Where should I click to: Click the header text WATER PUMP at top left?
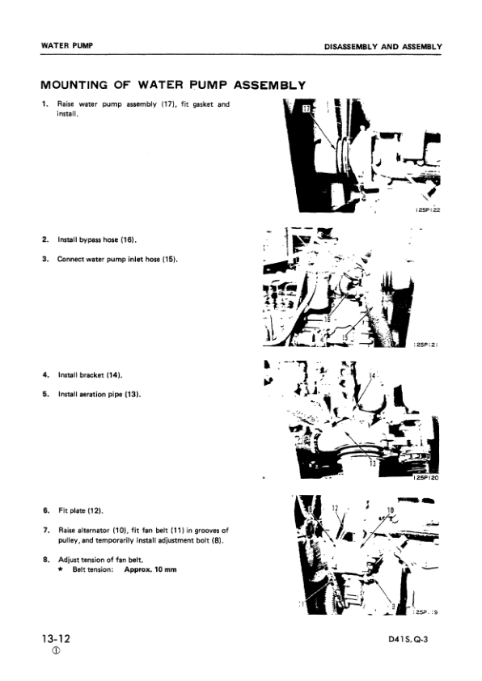pyautogui.click(x=66, y=45)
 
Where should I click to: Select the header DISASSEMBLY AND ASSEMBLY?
pyautogui.click(x=383, y=46)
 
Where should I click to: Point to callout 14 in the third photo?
pyautogui.click(x=373, y=376)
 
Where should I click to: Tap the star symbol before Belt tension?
pyautogui.click(x=62, y=570)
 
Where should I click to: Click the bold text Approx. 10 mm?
pyautogui.click(x=150, y=570)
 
